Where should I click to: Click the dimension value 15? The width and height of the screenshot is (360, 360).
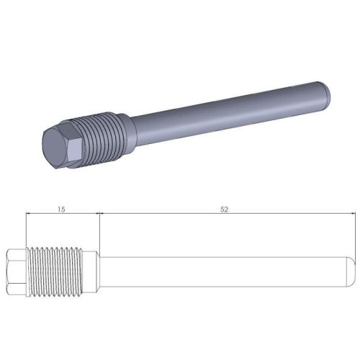[61, 209]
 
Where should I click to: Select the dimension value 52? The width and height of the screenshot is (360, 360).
[225, 209]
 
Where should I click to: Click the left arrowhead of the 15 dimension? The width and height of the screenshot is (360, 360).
[28, 214]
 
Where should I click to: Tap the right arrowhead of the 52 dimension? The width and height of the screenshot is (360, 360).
[350, 214]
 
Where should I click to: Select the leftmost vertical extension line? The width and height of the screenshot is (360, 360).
[25, 230]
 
